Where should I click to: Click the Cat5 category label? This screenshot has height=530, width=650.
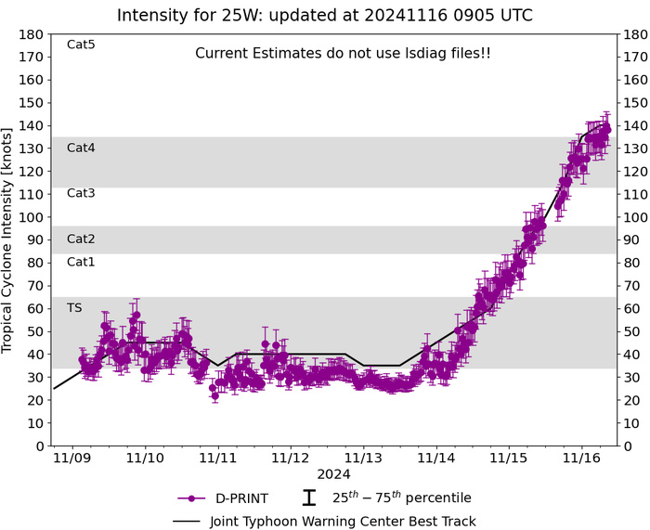pyautogui.click(x=82, y=45)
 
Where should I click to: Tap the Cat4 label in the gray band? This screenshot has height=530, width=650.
pyautogui.click(x=82, y=148)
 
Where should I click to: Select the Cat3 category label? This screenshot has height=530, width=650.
pyautogui.click(x=82, y=193)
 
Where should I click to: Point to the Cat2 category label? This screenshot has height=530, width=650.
pyautogui.click(x=82, y=239)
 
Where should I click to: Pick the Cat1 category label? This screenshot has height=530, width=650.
pyautogui.click(x=82, y=262)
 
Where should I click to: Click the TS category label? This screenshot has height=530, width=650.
pyautogui.click(x=74, y=307)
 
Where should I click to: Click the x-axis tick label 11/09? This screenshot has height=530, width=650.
pyautogui.click(x=71, y=458)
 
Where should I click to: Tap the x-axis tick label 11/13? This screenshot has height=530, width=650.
pyautogui.click(x=363, y=458)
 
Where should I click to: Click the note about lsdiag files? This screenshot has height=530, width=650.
pyautogui.click(x=343, y=54)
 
